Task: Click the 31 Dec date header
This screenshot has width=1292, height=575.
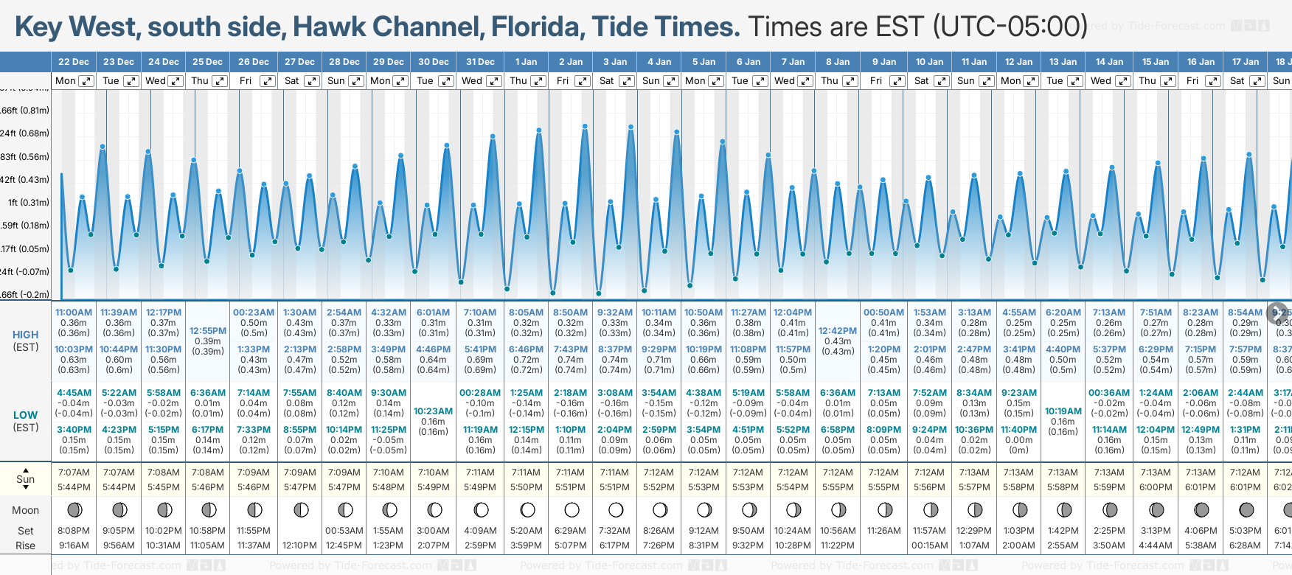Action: [x=480, y=62]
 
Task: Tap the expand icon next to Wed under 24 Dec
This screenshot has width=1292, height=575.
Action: [x=176, y=81]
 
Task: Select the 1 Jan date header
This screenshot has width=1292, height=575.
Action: [x=526, y=62]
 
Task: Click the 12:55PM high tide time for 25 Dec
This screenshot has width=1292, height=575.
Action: [x=208, y=331]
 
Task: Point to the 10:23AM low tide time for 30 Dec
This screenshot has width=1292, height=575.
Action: [x=433, y=411]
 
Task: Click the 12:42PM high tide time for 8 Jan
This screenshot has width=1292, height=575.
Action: [x=838, y=331]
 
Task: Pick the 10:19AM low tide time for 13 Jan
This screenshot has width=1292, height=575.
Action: [x=1063, y=411]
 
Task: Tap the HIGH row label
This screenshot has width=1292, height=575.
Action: [x=26, y=335]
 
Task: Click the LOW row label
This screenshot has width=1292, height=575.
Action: [x=26, y=415]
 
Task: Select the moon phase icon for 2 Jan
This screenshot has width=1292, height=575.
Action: [x=572, y=509]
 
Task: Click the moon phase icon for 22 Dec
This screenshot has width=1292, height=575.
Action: [x=74, y=509]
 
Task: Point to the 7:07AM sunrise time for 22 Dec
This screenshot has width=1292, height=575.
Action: [x=74, y=473]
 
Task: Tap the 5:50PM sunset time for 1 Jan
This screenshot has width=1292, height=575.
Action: [x=526, y=487]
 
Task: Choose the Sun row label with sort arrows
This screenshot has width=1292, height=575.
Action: [x=26, y=479]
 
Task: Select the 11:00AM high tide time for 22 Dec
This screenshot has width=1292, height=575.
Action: [x=74, y=313]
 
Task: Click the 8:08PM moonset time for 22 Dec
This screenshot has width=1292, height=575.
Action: [x=74, y=531]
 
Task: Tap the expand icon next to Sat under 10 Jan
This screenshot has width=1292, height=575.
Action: [x=942, y=81]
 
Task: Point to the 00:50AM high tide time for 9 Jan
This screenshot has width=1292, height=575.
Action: [x=883, y=313]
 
